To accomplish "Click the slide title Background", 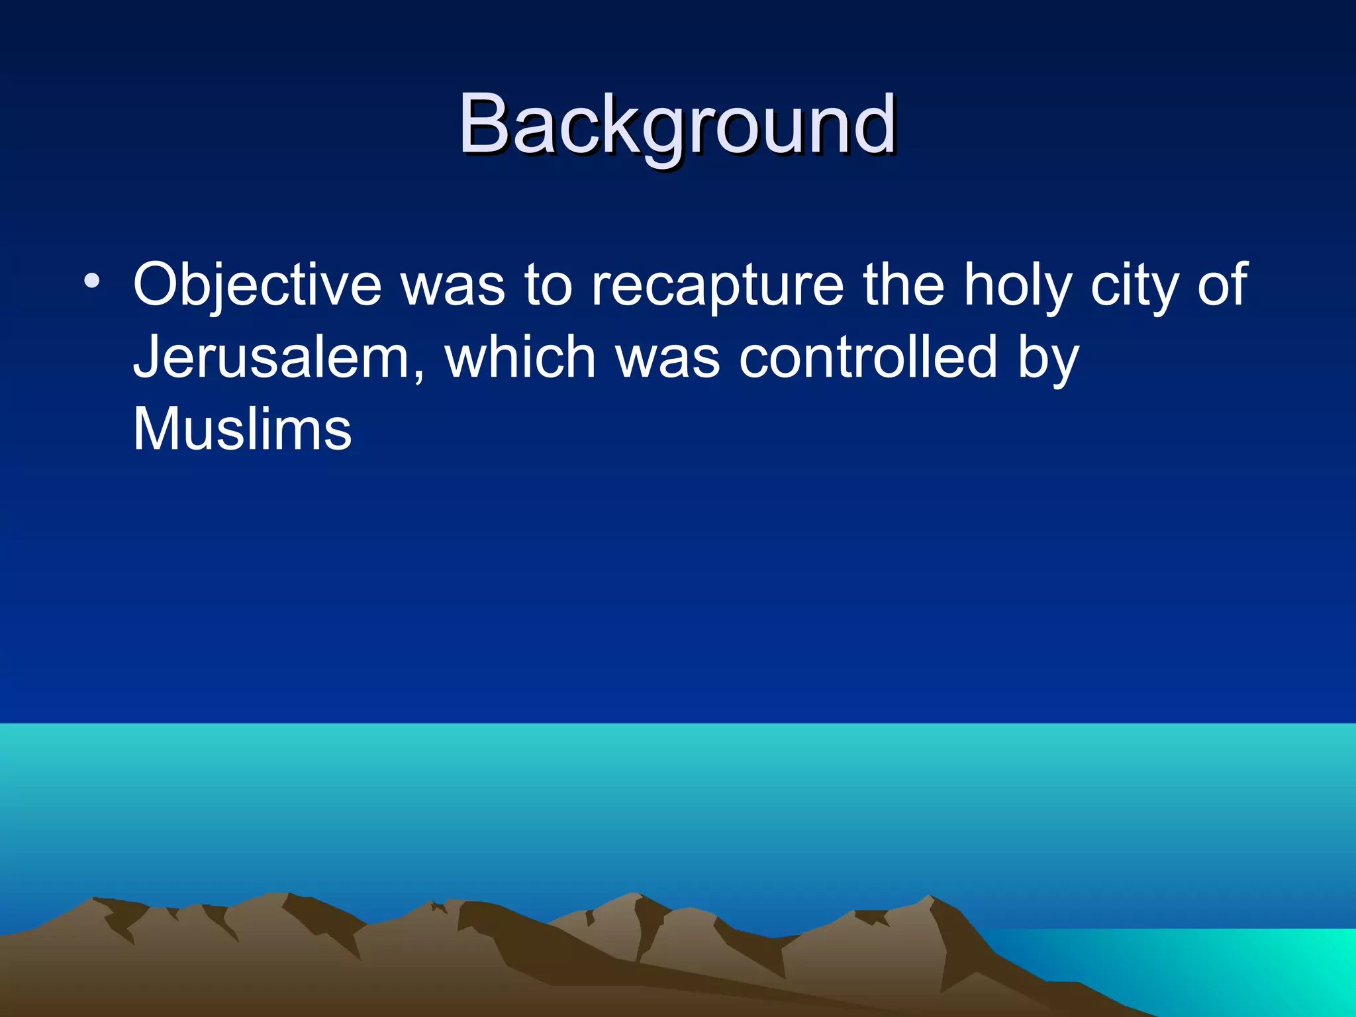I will [677, 124].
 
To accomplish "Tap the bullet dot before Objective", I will [92, 282].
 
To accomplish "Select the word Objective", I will [257, 285].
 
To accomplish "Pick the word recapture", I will [717, 286].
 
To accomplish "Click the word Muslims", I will [242, 429].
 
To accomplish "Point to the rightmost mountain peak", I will [931, 898].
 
